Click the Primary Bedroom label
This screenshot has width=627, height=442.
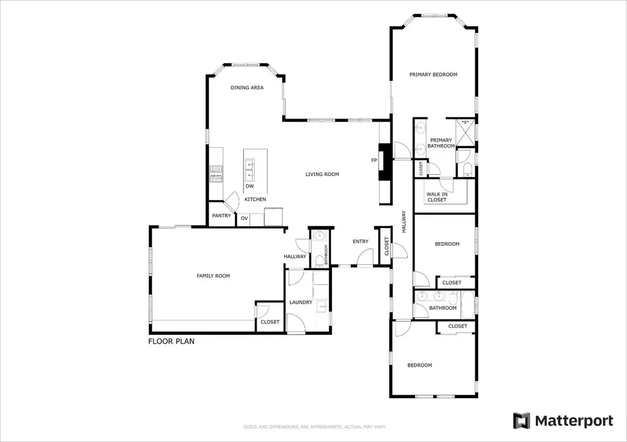point(433,74)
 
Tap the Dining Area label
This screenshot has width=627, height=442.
point(247,87)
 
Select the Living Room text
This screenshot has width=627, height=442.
point(322,174)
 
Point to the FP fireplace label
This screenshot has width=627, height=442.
point(374,160)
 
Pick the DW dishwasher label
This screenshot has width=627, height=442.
point(250,186)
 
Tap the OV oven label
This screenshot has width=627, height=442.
point(244,218)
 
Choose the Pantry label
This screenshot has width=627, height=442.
point(221,216)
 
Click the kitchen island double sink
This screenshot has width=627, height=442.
point(250,170)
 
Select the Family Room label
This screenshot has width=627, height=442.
point(213,276)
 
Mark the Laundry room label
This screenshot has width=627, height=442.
point(301,302)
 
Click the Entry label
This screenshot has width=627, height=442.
point(360,241)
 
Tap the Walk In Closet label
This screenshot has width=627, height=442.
point(437,197)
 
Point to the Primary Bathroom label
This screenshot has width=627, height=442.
point(441,143)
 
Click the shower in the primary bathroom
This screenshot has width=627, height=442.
point(465,133)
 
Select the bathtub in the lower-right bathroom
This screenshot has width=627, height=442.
point(467,304)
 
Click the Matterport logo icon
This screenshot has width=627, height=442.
point(522,421)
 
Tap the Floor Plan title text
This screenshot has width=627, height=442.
point(171,341)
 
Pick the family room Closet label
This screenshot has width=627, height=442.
point(270,322)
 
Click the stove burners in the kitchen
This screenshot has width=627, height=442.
point(216,174)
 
